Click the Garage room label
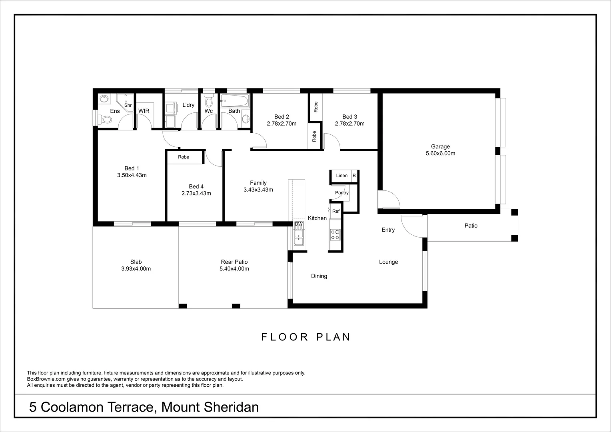pyautogui.click(x=440, y=146)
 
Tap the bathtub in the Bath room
pyautogui.click(x=234, y=101)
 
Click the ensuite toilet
pyautogui.click(x=106, y=119)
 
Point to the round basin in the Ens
pyautogui.click(x=104, y=98)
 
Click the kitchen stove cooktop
pyautogui.click(x=335, y=234)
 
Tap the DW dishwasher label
pyautogui.click(x=299, y=224)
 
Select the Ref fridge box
pyautogui.click(x=335, y=211)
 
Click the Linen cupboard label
pyautogui.click(x=341, y=176)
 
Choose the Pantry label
pyautogui.click(x=341, y=193)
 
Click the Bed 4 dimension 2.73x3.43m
pyautogui.click(x=196, y=193)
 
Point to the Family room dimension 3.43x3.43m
pyautogui.click(x=258, y=190)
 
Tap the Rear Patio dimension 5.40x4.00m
pyautogui.click(x=234, y=269)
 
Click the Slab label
pyautogui.click(x=136, y=262)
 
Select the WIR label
pyautogui.click(x=144, y=111)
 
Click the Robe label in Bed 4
pyautogui.click(x=184, y=157)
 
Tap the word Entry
pyautogui.click(x=388, y=230)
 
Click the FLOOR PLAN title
pyautogui.click(x=306, y=337)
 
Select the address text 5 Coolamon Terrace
pyautogui.click(x=92, y=407)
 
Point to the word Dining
pyautogui.click(x=319, y=276)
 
